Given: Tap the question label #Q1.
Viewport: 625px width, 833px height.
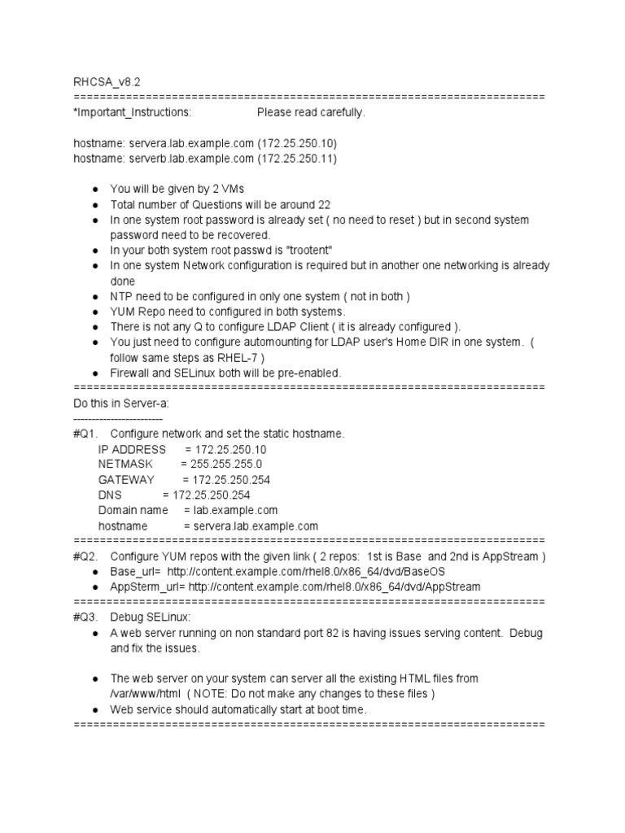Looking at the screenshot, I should [85, 434].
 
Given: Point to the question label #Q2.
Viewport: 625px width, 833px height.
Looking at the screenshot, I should [85, 556].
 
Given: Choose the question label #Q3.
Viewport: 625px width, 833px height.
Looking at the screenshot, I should [85, 617].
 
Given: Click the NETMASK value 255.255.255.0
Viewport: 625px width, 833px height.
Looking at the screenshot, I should [226, 464].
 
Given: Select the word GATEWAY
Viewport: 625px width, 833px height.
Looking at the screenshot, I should [126, 480].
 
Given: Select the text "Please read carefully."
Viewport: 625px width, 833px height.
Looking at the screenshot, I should [311, 112].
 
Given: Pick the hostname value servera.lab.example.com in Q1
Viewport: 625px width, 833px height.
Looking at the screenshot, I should [251, 526].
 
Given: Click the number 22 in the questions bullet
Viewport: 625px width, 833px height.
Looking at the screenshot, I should [323, 205].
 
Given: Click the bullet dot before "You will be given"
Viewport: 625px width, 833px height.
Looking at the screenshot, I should [95, 190].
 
